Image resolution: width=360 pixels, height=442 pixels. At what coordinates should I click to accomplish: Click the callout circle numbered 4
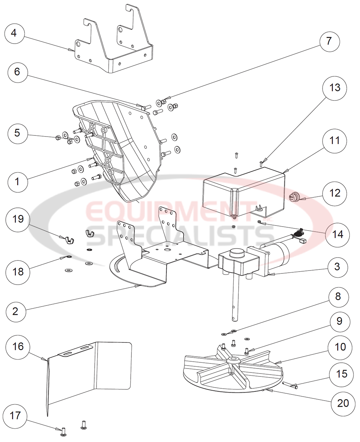coord(14,34)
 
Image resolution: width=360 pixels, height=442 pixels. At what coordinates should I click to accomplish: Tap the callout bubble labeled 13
coord(335,88)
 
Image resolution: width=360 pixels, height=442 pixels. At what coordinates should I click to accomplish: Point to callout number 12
coord(335,193)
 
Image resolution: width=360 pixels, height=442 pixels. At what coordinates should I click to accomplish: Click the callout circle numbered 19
coord(18,219)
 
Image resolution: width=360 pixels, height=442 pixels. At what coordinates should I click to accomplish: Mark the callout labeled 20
coord(343,402)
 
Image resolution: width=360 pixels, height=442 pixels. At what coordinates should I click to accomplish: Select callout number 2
coord(15,311)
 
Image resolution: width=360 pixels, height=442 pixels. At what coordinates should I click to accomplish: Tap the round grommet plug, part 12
coord(294,197)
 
